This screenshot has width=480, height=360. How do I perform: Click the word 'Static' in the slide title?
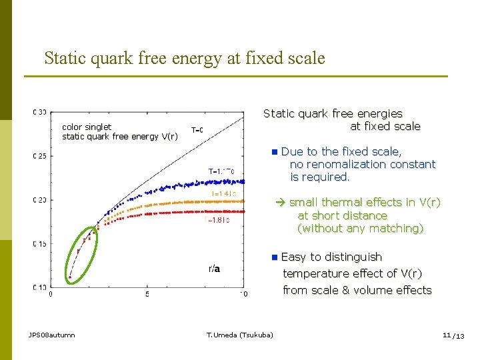coord(65,58)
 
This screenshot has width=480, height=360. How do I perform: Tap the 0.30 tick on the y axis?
coord(40,112)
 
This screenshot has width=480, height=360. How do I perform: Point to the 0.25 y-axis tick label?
coord(40,156)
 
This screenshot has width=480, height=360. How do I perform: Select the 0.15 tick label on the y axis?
coord(40,244)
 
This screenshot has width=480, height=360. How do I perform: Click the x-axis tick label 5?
coord(147,293)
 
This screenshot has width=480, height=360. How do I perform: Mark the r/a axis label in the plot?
coord(214,269)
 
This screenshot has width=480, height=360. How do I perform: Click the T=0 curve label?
coord(197,130)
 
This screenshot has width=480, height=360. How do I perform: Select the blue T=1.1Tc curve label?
coord(221,171)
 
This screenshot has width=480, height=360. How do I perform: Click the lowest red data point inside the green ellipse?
coord(69,277)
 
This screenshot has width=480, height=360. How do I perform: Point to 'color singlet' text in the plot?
coord(87,127)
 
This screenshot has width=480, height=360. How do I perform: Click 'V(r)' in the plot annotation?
coord(169,137)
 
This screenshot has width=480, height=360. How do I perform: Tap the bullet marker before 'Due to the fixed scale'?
coord(275,152)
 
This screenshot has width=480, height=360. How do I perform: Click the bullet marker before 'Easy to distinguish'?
coord(275,257)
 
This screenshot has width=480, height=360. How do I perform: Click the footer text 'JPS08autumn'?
coord(52,335)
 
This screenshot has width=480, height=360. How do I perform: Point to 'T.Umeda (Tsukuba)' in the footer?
coord(239,335)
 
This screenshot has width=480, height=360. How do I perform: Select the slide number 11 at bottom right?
coord(447,335)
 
